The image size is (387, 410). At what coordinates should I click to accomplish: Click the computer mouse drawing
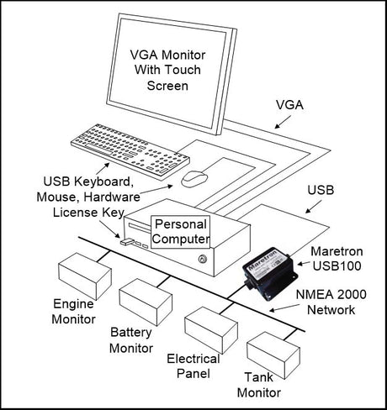(194, 178)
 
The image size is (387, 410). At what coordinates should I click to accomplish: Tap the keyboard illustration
(130, 151)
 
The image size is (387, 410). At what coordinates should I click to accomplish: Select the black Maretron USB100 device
(270, 273)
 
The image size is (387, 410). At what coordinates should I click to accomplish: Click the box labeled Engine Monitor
(85, 276)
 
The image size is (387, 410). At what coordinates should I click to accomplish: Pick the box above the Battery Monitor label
(146, 302)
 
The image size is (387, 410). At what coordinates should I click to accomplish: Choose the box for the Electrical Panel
(211, 330)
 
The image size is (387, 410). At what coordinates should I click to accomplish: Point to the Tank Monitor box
(273, 355)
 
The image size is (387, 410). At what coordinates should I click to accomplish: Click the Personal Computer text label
(181, 232)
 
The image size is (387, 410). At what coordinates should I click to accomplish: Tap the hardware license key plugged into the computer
(126, 241)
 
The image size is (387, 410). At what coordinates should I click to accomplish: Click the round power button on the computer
(201, 259)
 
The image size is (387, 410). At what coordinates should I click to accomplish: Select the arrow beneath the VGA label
(283, 123)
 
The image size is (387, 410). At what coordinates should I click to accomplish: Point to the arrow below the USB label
(314, 207)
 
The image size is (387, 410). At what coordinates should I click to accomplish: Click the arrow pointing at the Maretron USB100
(304, 264)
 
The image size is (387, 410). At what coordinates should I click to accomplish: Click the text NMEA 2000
(331, 295)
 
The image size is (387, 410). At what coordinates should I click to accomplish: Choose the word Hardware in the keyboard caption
(112, 197)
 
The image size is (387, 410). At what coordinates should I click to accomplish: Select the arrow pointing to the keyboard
(103, 168)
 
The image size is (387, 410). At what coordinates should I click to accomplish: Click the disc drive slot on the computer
(140, 228)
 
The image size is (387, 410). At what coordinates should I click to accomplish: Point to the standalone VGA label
(289, 105)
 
